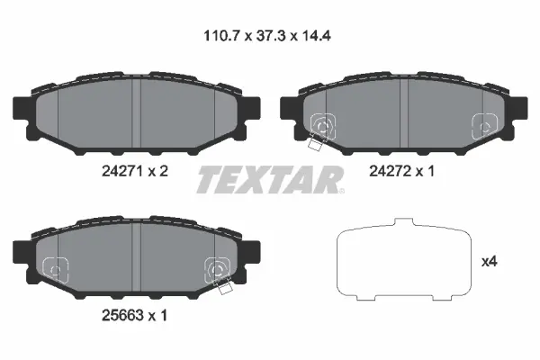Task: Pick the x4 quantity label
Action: [x=490, y=262]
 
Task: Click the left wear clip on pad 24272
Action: [x=320, y=129]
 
